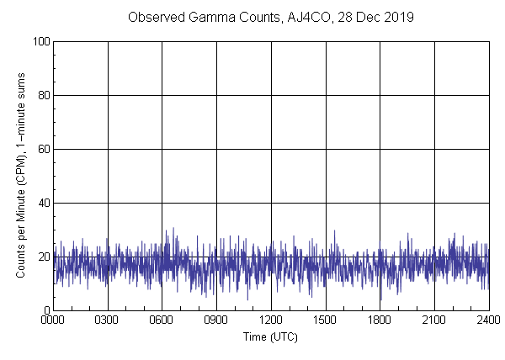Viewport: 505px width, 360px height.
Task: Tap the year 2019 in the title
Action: pyautogui.click(x=399, y=17)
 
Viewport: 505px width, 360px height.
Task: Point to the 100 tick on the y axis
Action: pyautogui.click(x=40, y=41)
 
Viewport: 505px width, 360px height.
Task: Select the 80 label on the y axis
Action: pyautogui.click(x=42, y=95)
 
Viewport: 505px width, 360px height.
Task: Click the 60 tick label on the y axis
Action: pyautogui.click(x=42, y=149)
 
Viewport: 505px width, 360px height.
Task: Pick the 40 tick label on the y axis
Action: pyautogui.click(x=42, y=203)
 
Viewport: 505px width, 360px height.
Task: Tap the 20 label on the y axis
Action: pyautogui.click(x=42, y=257)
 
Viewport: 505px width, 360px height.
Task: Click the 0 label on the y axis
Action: pyautogui.click(x=45, y=310)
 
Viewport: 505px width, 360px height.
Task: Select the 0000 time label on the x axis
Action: pyautogui.click(x=53, y=321)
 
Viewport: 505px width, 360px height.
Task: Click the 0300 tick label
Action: pyautogui.click(x=108, y=321)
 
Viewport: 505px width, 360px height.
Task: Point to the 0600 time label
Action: pyautogui.click(x=162, y=321)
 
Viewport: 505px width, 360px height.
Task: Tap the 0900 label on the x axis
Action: pyautogui.click(x=216, y=321)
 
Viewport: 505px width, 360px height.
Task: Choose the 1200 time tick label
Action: pyautogui.click(x=271, y=321)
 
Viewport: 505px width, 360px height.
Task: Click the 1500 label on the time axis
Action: pyautogui.click(x=326, y=321)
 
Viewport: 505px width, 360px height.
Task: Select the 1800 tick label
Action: pyautogui.click(x=380, y=321)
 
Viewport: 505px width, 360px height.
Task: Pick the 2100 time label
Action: pyautogui.click(x=434, y=321)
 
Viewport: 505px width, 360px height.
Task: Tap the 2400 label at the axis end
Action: pyautogui.click(x=488, y=321)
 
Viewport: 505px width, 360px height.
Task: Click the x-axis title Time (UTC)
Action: pyautogui.click(x=270, y=336)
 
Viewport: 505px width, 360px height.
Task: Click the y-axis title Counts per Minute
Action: pyautogui.click(x=20, y=202)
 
